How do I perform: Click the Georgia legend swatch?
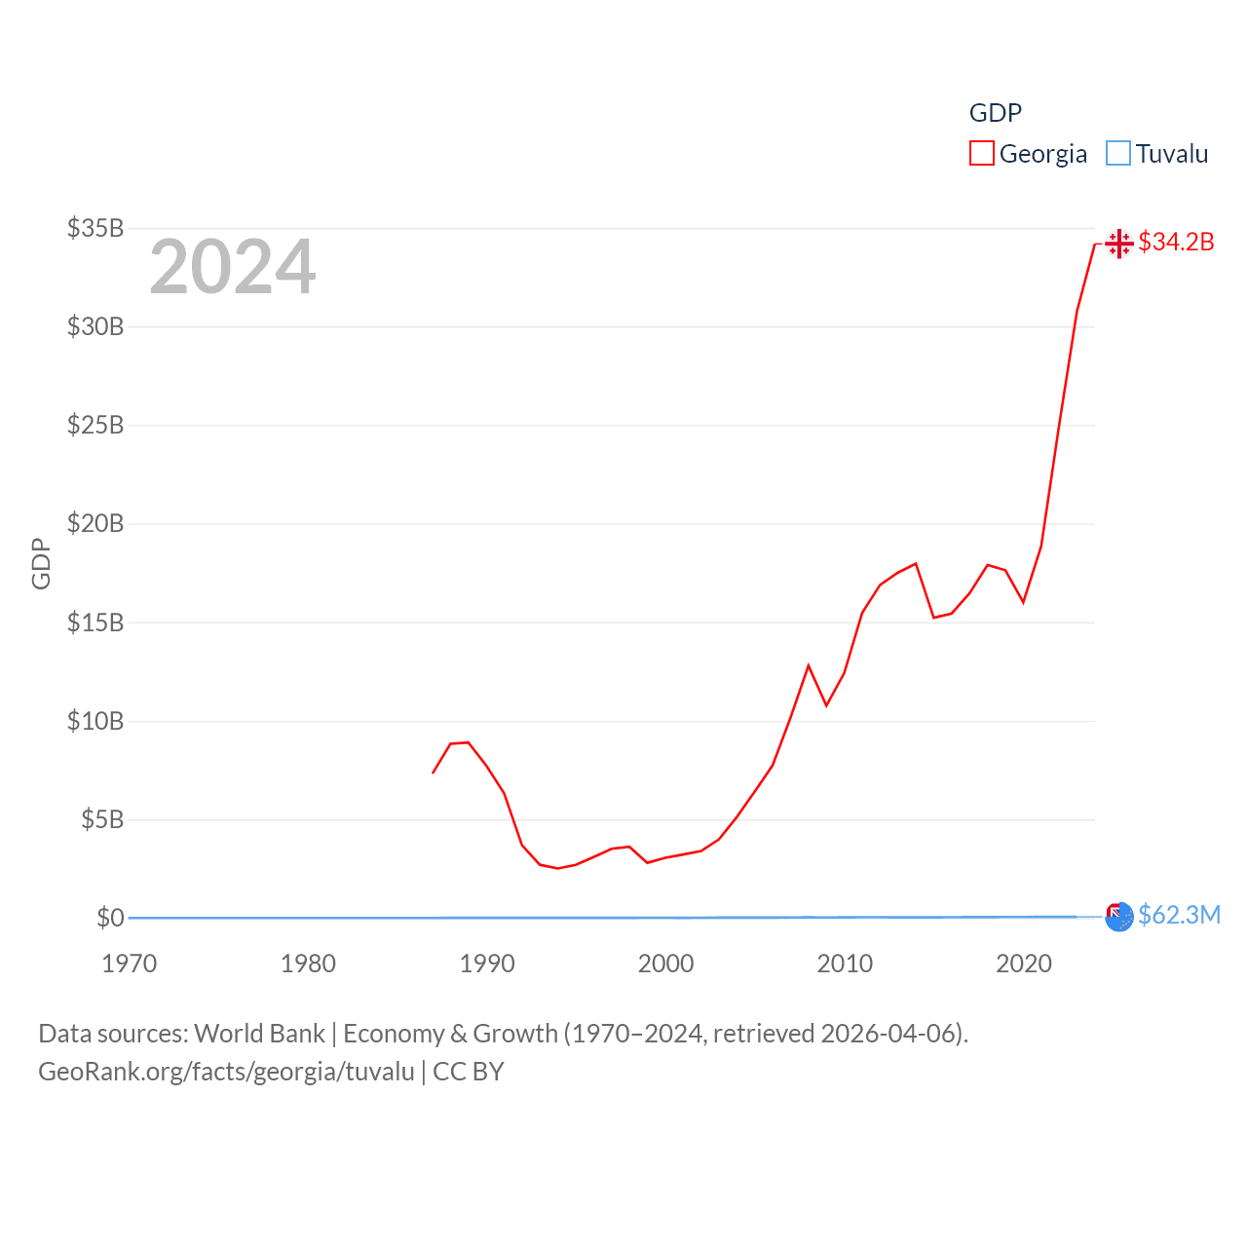point(981,154)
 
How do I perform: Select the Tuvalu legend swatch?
point(1118,154)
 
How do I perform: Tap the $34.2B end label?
point(1176,242)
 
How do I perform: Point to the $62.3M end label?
point(1179,915)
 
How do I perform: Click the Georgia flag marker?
point(1119,243)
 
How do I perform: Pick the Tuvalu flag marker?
point(1119,916)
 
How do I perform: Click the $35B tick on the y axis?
point(95,228)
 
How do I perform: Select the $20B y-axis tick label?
point(95,523)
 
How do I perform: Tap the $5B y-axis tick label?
point(102,819)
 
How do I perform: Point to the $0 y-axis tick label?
point(110,918)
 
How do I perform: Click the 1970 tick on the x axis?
point(130,964)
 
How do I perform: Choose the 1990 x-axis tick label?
point(487,964)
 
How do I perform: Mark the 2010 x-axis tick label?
point(845,964)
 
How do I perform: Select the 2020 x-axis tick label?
point(1024,964)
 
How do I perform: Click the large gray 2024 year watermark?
point(232,266)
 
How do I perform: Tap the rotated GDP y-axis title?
point(41,563)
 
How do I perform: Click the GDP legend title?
point(995,113)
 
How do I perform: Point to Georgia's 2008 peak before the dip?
point(809,665)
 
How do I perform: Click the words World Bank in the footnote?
point(259,1033)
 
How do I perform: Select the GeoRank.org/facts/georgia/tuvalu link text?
point(226,1072)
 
